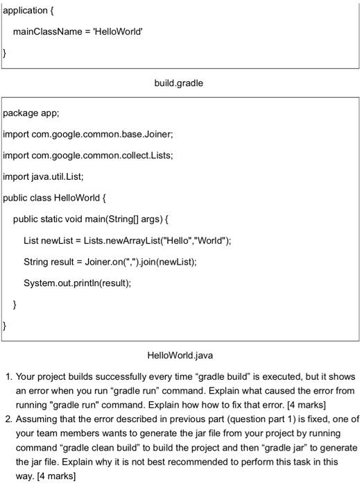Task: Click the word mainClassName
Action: [x=46, y=33]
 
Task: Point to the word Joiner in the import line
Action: [x=158, y=133]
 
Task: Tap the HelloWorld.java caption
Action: [x=180, y=355]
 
